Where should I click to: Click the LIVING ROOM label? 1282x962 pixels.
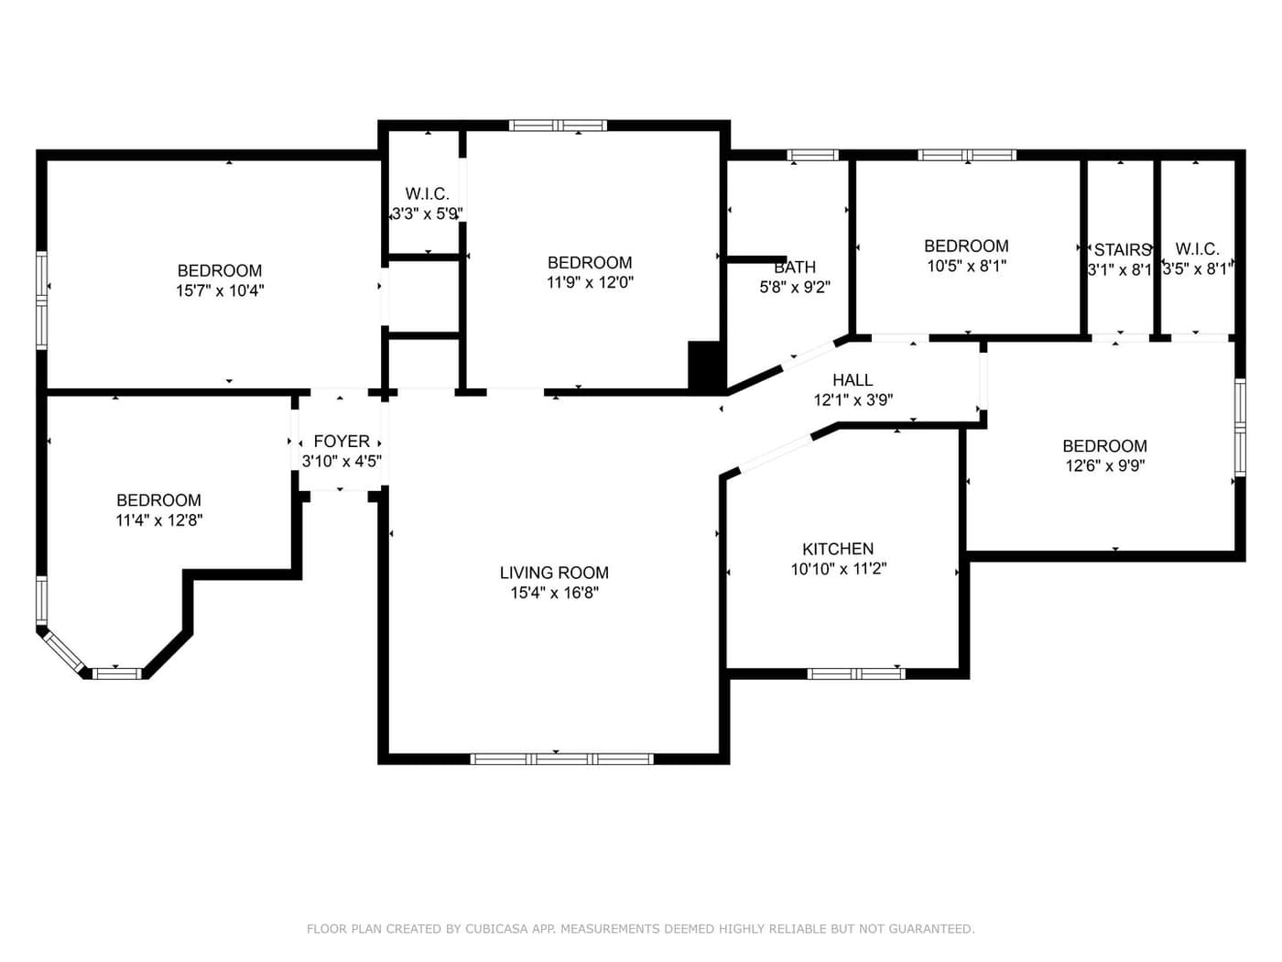(554, 573)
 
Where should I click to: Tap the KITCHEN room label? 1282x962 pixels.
(838, 549)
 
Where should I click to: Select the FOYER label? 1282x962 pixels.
(342, 442)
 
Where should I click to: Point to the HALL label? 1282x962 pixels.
(853, 379)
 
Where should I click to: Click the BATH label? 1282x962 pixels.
(795, 268)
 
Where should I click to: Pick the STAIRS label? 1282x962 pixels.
(1122, 250)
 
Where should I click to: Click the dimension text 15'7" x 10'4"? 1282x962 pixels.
(220, 291)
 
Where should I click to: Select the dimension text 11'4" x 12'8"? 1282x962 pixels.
(158, 520)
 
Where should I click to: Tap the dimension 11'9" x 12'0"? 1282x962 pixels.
(590, 283)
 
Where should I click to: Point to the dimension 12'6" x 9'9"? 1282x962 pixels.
(1104, 465)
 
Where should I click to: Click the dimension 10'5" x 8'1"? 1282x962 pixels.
(966, 266)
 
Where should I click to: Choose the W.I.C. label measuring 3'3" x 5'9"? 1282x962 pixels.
(427, 194)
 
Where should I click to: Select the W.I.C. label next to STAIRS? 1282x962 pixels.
(1197, 249)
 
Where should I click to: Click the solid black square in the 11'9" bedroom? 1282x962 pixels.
(704, 366)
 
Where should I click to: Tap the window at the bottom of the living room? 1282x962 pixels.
(561, 759)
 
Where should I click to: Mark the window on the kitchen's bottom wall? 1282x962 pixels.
(856, 673)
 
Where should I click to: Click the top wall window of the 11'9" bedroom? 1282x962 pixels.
(558, 126)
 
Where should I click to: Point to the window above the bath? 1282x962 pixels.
(813, 155)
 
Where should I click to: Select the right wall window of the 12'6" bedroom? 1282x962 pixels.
(1240, 428)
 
